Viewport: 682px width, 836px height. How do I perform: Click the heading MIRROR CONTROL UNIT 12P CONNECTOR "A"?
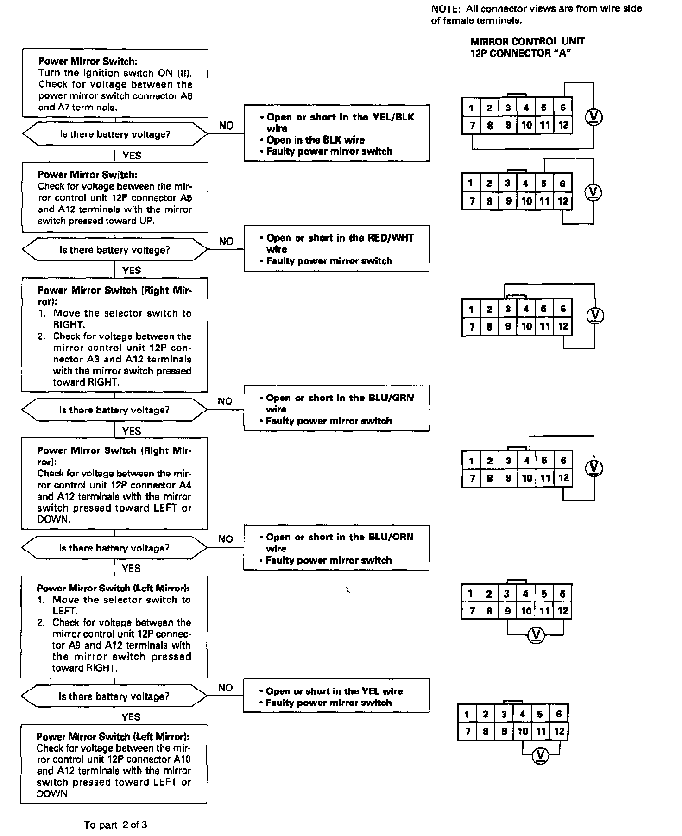tap(527, 47)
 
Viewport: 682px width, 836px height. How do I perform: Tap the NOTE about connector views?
tap(536, 14)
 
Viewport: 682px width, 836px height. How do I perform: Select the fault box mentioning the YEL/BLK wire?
tap(336, 133)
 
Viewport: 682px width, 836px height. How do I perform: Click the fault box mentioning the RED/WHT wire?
tap(336, 249)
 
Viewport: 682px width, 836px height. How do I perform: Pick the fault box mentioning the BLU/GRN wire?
tap(336, 409)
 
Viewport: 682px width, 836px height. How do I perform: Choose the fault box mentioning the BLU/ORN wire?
tap(336, 548)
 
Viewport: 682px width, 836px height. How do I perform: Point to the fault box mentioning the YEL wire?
tap(336, 696)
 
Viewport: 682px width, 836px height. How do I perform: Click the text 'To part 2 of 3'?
tap(115, 825)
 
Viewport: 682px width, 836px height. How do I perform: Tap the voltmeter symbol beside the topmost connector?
tap(594, 117)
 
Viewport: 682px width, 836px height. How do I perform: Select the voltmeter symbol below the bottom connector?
tap(540, 756)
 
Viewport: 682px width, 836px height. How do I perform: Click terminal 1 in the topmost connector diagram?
tap(471, 108)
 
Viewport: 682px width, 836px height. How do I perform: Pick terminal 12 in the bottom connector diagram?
tap(559, 731)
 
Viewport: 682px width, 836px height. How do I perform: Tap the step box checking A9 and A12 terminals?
tap(114, 627)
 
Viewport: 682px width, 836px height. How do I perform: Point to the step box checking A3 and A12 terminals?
tap(114, 336)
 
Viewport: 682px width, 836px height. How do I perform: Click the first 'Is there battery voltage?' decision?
tap(115, 135)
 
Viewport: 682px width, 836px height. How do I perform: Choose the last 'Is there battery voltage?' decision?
tap(114, 697)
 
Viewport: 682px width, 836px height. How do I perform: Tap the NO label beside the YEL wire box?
tap(225, 688)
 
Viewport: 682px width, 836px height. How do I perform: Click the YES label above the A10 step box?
tap(131, 717)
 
